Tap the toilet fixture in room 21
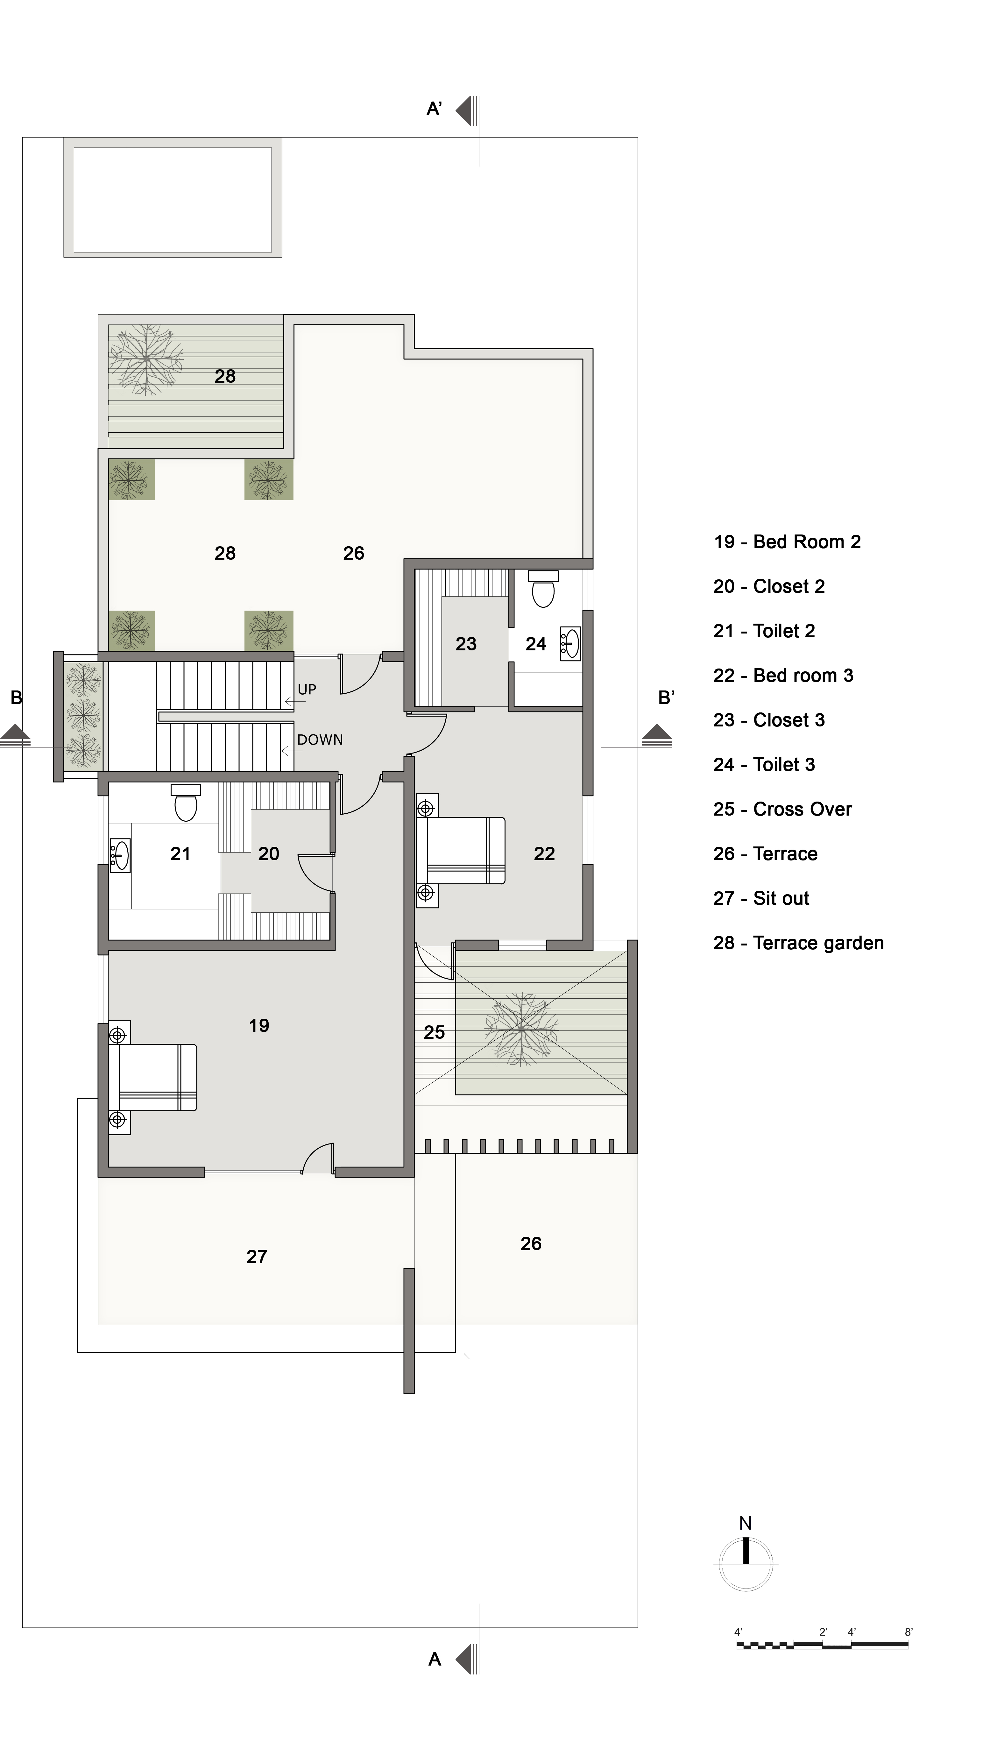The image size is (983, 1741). pyautogui.click(x=186, y=803)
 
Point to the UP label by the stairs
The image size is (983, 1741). pyautogui.click(x=307, y=690)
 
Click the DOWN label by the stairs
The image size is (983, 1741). pyautogui.click(x=320, y=740)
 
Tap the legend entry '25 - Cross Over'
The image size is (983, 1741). pyautogui.click(x=782, y=809)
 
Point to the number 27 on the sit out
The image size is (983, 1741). pyautogui.click(x=257, y=1256)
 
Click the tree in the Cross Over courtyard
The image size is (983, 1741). pyautogui.click(x=521, y=1029)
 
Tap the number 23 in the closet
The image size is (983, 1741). pyautogui.click(x=466, y=644)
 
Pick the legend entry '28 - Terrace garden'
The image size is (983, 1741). pyautogui.click(x=799, y=943)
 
